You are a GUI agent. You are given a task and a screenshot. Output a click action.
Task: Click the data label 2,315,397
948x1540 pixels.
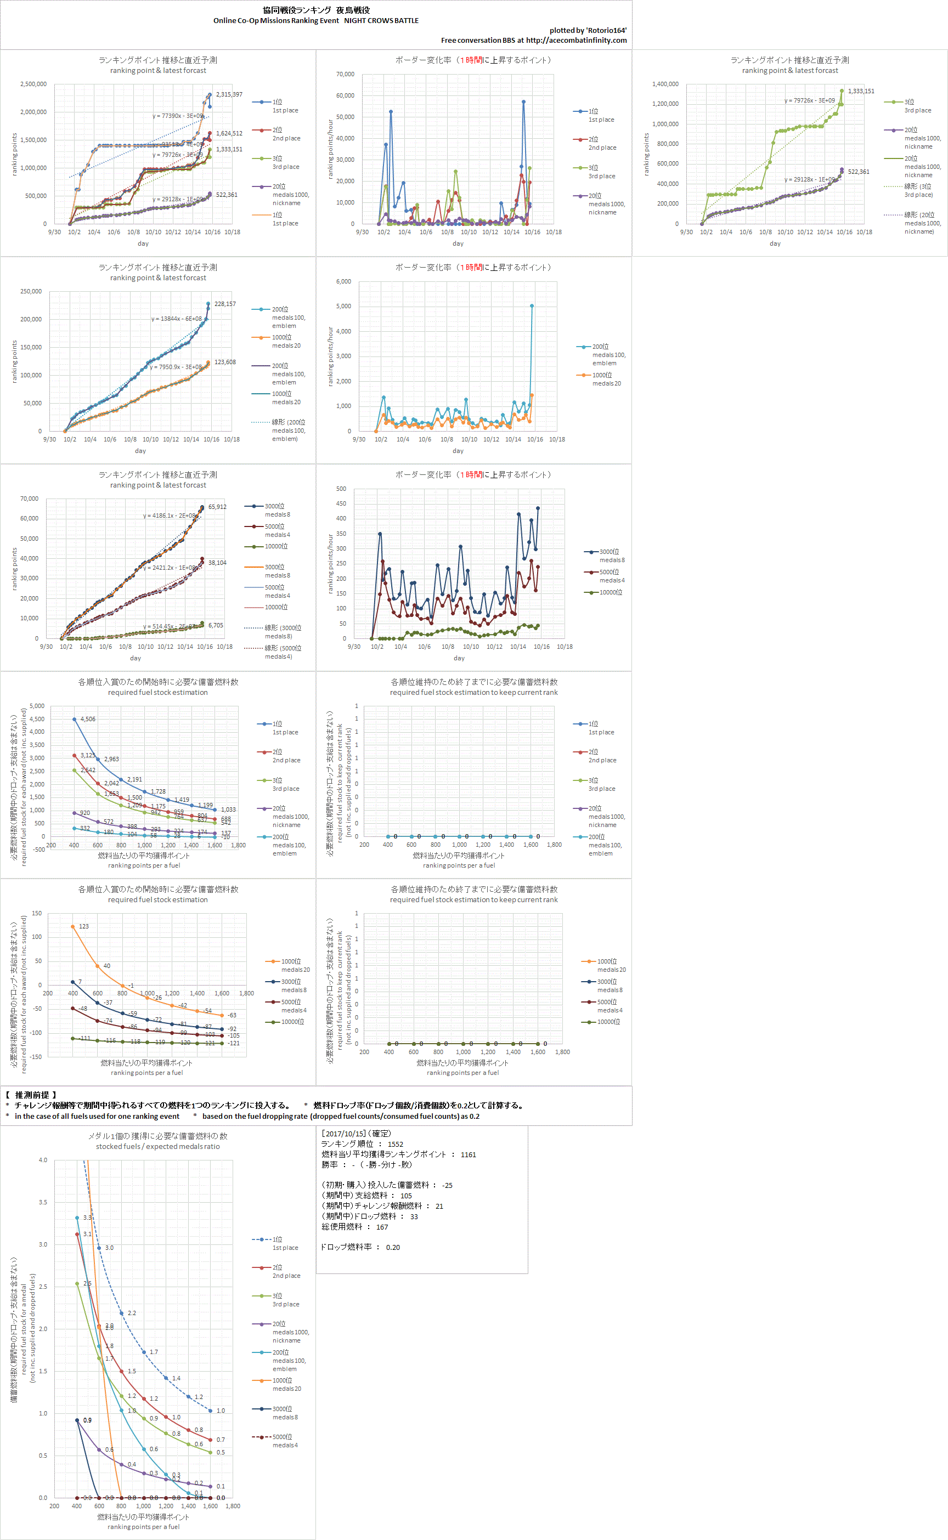229,95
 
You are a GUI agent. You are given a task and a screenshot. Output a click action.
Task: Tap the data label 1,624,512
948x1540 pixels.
229,133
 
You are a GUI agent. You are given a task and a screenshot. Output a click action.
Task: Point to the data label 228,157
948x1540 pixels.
225,304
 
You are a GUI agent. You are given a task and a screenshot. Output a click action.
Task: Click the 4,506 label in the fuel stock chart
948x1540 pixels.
88,719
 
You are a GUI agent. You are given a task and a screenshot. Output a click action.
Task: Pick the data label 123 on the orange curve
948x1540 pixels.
84,926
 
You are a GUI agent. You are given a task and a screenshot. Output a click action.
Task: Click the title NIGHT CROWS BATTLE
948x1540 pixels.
381,21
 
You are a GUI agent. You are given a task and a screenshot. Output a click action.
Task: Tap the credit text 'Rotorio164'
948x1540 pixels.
606,31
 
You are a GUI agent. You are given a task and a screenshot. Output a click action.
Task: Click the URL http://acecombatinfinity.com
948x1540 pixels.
576,40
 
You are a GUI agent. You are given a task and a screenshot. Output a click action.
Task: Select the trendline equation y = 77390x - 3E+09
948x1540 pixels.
177,116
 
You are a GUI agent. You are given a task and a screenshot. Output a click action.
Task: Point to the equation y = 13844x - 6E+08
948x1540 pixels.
176,319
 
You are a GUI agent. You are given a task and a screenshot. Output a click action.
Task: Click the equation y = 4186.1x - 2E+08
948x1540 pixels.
170,516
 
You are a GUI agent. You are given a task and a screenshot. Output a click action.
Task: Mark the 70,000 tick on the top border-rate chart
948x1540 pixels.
345,74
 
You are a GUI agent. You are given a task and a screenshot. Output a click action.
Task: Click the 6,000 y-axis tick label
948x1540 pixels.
343,281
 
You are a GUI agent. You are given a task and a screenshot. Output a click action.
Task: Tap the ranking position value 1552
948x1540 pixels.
395,1144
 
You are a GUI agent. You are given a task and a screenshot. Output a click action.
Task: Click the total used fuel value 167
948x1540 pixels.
382,1227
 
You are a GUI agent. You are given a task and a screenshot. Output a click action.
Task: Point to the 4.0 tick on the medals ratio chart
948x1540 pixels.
43,1160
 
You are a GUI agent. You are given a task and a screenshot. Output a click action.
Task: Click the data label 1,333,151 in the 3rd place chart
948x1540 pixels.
861,92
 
